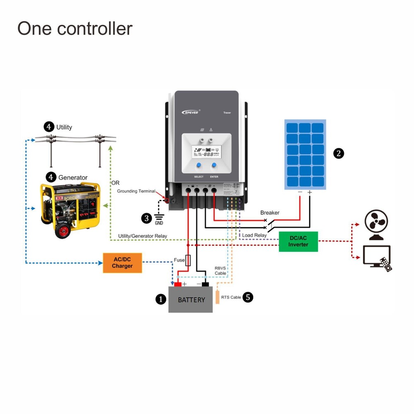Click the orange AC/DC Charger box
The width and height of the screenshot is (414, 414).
pos(122,263)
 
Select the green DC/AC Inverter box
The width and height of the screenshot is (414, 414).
pos(298,241)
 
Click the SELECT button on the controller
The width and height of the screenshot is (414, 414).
pos(199,166)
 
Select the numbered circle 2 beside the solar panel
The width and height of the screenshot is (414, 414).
pos(339,154)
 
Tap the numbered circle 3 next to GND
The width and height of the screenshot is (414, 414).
pos(147,218)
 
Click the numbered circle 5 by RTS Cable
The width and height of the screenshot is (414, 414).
pos(248,297)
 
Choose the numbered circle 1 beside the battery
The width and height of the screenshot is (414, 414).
pos(161,299)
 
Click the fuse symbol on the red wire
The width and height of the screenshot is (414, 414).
pos(188,260)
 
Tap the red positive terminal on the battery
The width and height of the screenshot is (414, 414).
pos(178,284)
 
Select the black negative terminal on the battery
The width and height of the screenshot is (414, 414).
pos(205,284)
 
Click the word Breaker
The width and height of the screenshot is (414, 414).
pos(270,213)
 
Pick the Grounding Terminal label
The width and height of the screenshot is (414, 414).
pos(136,191)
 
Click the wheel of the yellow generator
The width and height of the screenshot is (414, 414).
pos(63,230)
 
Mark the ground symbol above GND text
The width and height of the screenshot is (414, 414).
pos(159,217)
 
